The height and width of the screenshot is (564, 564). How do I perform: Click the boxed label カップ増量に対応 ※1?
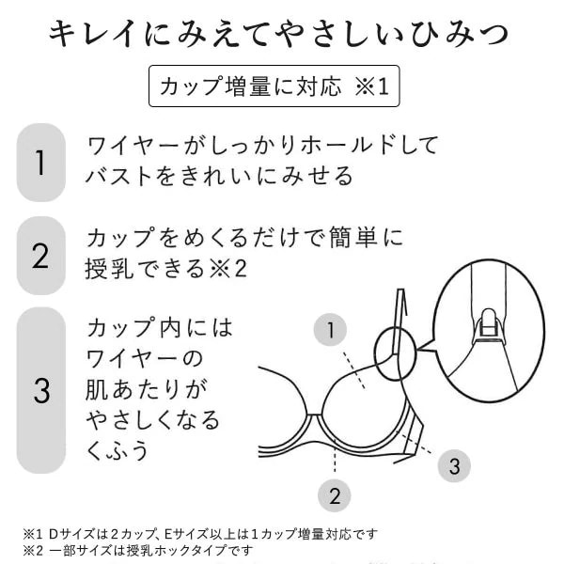point(274,86)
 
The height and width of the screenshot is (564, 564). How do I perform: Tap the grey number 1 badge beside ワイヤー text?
point(41,163)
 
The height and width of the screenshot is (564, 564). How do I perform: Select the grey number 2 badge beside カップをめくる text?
point(41,256)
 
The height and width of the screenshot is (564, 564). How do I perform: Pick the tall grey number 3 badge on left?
point(41,390)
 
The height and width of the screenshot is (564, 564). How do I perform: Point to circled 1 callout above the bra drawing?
point(330,330)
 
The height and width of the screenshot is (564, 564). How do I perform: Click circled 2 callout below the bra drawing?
point(334,496)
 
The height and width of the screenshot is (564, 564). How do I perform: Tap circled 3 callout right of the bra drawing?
point(454,466)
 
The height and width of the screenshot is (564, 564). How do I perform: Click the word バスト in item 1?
point(118,176)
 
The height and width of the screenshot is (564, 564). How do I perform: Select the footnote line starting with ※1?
point(200,534)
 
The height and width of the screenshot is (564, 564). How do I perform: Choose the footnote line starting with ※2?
point(138,550)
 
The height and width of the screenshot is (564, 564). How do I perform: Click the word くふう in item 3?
point(117,449)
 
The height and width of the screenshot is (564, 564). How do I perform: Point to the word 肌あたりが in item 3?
point(147,389)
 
